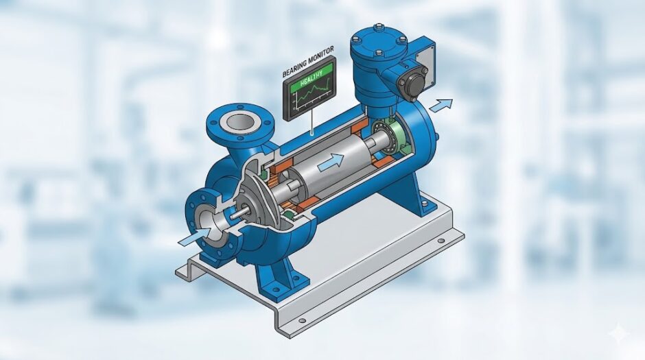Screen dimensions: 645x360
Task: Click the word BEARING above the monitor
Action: pos(294,68)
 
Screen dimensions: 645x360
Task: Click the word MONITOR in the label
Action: pos(320,54)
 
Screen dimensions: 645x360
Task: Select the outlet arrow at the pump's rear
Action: pos(441,104)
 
